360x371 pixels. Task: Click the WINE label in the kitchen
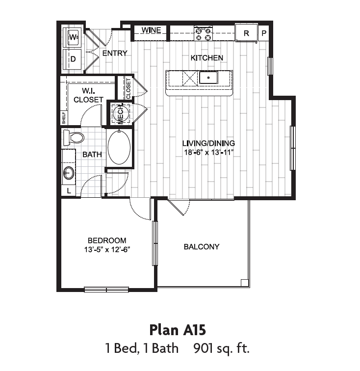(x=151, y=30)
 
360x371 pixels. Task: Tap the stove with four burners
(x=204, y=33)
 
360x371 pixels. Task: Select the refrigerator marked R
(x=246, y=33)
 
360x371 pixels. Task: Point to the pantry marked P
(x=263, y=33)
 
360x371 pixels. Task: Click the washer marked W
(x=73, y=37)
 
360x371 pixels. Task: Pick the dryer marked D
(x=73, y=59)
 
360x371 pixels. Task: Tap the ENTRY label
(x=115, y=53)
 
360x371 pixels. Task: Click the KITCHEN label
(x=206, y=58)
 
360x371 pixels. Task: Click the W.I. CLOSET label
(x=88, y=95)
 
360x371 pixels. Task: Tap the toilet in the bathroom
(x=74, y=137)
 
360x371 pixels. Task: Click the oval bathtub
(x=119, y=147)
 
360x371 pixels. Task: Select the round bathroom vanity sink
(x=69, y=172)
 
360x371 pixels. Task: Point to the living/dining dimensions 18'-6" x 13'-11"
(x=208, y=152)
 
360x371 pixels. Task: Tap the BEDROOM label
(x=107, y=240)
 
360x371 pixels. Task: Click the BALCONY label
(x=202, y=246)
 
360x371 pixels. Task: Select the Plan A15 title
(x=180, y=328)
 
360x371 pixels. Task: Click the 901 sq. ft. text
(x=222, y=349)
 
